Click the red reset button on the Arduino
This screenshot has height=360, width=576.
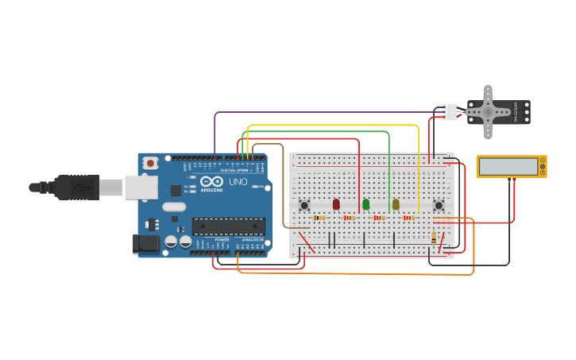150,163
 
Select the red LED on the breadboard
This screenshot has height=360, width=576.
336,204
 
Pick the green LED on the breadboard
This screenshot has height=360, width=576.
365,204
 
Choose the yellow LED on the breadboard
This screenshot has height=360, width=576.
396,204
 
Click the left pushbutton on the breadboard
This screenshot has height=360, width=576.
304,205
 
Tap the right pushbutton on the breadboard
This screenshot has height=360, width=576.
438,205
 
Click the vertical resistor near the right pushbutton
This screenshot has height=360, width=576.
433,236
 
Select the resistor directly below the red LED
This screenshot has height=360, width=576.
349,218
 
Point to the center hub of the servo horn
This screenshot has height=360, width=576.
488,112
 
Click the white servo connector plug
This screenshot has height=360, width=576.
449,112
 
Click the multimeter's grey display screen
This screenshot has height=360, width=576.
508,167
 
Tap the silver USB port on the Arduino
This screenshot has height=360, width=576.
141,188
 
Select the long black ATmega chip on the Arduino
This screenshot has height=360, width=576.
228,226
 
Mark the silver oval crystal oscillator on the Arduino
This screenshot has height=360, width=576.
174,207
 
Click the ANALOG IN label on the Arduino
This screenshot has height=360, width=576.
252,239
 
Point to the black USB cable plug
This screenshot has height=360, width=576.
75,188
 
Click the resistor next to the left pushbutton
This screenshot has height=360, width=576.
319,218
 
